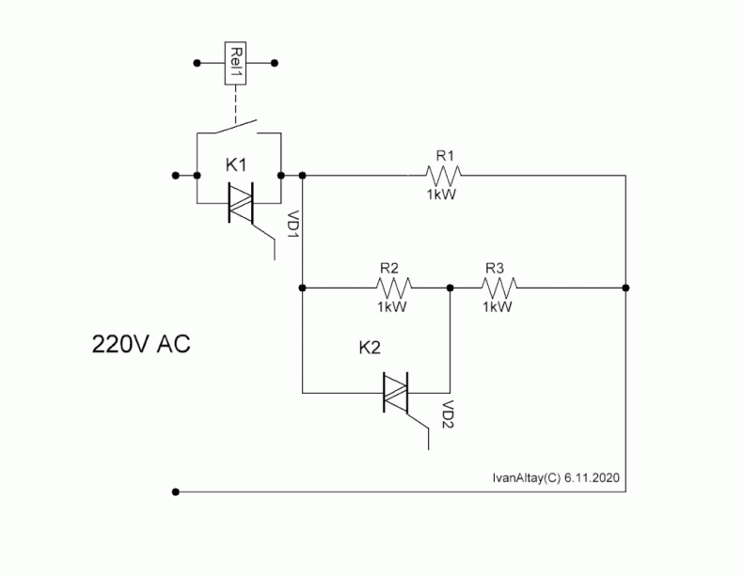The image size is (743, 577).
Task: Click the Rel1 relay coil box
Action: pyautogui.click(x=235, y=63)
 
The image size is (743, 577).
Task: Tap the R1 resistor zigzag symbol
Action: pyautogui.click(x=443, y=176)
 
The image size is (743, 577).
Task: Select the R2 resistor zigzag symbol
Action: pyautogui.click(x=394, y=288)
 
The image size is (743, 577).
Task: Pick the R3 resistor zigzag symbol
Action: pyautogui.click(x=499, y=288)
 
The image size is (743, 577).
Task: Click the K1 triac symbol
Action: pyautogui.click(x=241, y=203)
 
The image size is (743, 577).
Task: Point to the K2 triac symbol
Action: pyautogui.click(x=395, y=393)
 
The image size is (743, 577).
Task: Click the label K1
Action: pyautogui.click(x=236, y=165)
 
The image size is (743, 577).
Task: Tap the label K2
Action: pyautogui.click(x=370, y=348)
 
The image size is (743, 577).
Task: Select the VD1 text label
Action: pyautogui.click(x=294, y=224)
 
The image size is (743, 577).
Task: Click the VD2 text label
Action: pyautogui.click(x=448, y=414)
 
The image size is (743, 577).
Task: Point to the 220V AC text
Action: pyautogui.click(x=141, y=344)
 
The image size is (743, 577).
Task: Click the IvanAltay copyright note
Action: pyautogui.click(x=556, y=477)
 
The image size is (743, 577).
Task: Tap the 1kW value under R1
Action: pyautogui.click(x=441, y=195)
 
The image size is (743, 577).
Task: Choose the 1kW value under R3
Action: pyautogui.click(x=498, y=306)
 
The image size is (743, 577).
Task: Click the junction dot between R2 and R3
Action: pyautogui.click(x=451, y=288)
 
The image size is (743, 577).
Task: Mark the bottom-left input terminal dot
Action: pyautogui.click(x=176, y=491)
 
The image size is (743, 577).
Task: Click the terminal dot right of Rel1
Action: pyautogui.click(x=275, y=63)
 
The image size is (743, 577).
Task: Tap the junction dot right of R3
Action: pyautogui.click(x=626, y=288)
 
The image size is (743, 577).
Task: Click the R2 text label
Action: pyautogui.click(x=389, y=269)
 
